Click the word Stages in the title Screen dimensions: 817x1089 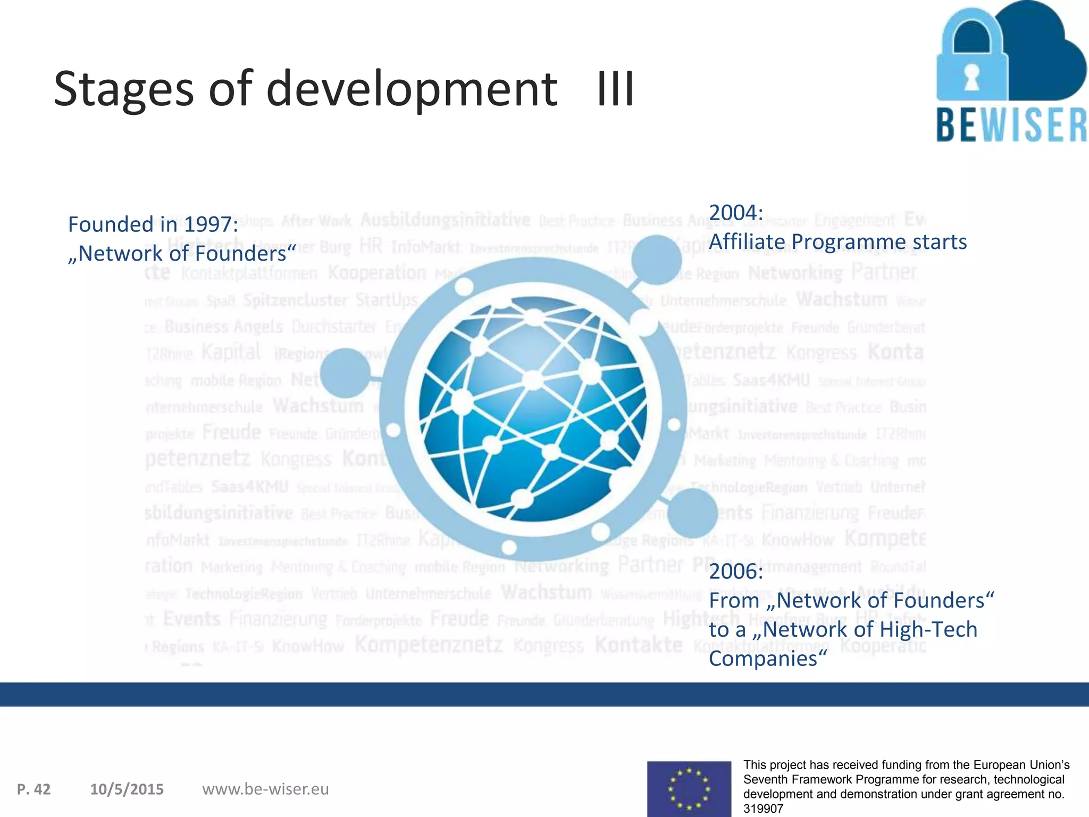pos(123,89)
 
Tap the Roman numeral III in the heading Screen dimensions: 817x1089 pos(615,89)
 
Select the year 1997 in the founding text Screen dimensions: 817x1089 pos(210,224)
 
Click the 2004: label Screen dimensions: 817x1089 pos(736,213)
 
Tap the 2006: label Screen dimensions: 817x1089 pos(736,572)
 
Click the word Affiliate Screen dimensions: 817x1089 pos(747,242)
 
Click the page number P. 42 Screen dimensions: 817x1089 pos(34,789)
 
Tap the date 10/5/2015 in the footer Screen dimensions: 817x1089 pos(127,789)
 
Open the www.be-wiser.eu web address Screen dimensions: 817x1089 pos(265,789)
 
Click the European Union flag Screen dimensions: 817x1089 pos(689,789)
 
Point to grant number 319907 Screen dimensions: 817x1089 pos(764,808)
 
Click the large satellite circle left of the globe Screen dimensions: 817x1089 pos(346,373)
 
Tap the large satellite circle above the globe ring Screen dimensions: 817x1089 pos(656,260)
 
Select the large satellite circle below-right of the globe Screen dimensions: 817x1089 pos(692,513)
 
